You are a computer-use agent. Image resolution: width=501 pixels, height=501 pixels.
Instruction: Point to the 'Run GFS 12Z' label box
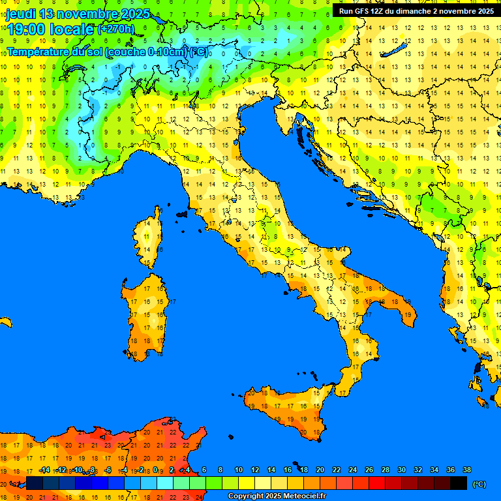[416, 10]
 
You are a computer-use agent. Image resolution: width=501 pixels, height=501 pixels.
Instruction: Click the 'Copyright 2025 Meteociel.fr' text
[277, 496]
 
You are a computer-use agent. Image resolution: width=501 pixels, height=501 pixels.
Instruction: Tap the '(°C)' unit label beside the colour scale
[479, 484]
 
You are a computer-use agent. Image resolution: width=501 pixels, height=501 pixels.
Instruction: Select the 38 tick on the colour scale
[466, 470]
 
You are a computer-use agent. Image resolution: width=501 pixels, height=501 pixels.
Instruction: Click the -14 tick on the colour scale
[45, 470]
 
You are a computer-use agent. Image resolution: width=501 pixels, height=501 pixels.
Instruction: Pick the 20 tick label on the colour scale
[320, 470]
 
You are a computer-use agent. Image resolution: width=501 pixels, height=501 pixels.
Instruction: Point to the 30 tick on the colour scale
[401, 470]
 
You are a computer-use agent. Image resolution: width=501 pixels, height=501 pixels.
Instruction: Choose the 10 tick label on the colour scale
[239, 470]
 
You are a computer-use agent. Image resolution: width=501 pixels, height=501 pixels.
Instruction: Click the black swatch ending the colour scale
[459, 483]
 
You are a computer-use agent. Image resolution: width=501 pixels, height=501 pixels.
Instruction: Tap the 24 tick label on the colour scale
[353, 470]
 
